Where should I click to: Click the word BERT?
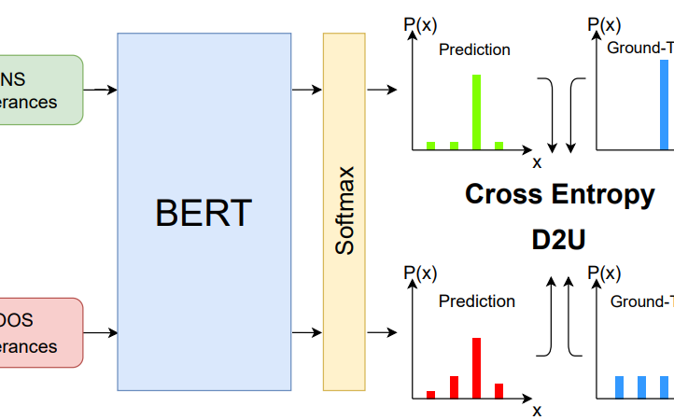tap(204, 213)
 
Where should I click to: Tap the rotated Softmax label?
tap(345, 210)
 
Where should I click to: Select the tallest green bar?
tap(477, 112)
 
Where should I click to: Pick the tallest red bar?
tap(477, 368)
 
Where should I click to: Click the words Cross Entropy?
tap(559, 194)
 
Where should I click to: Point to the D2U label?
tap(559, 240)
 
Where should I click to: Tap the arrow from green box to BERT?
tap(100, 91)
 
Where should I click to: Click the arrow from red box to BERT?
tap(100, 332)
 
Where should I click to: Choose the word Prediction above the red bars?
tap(476, 301)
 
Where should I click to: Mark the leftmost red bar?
tap(430, 394)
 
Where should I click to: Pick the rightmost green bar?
tap(499, 145)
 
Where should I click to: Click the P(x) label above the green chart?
tap(420, 25)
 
